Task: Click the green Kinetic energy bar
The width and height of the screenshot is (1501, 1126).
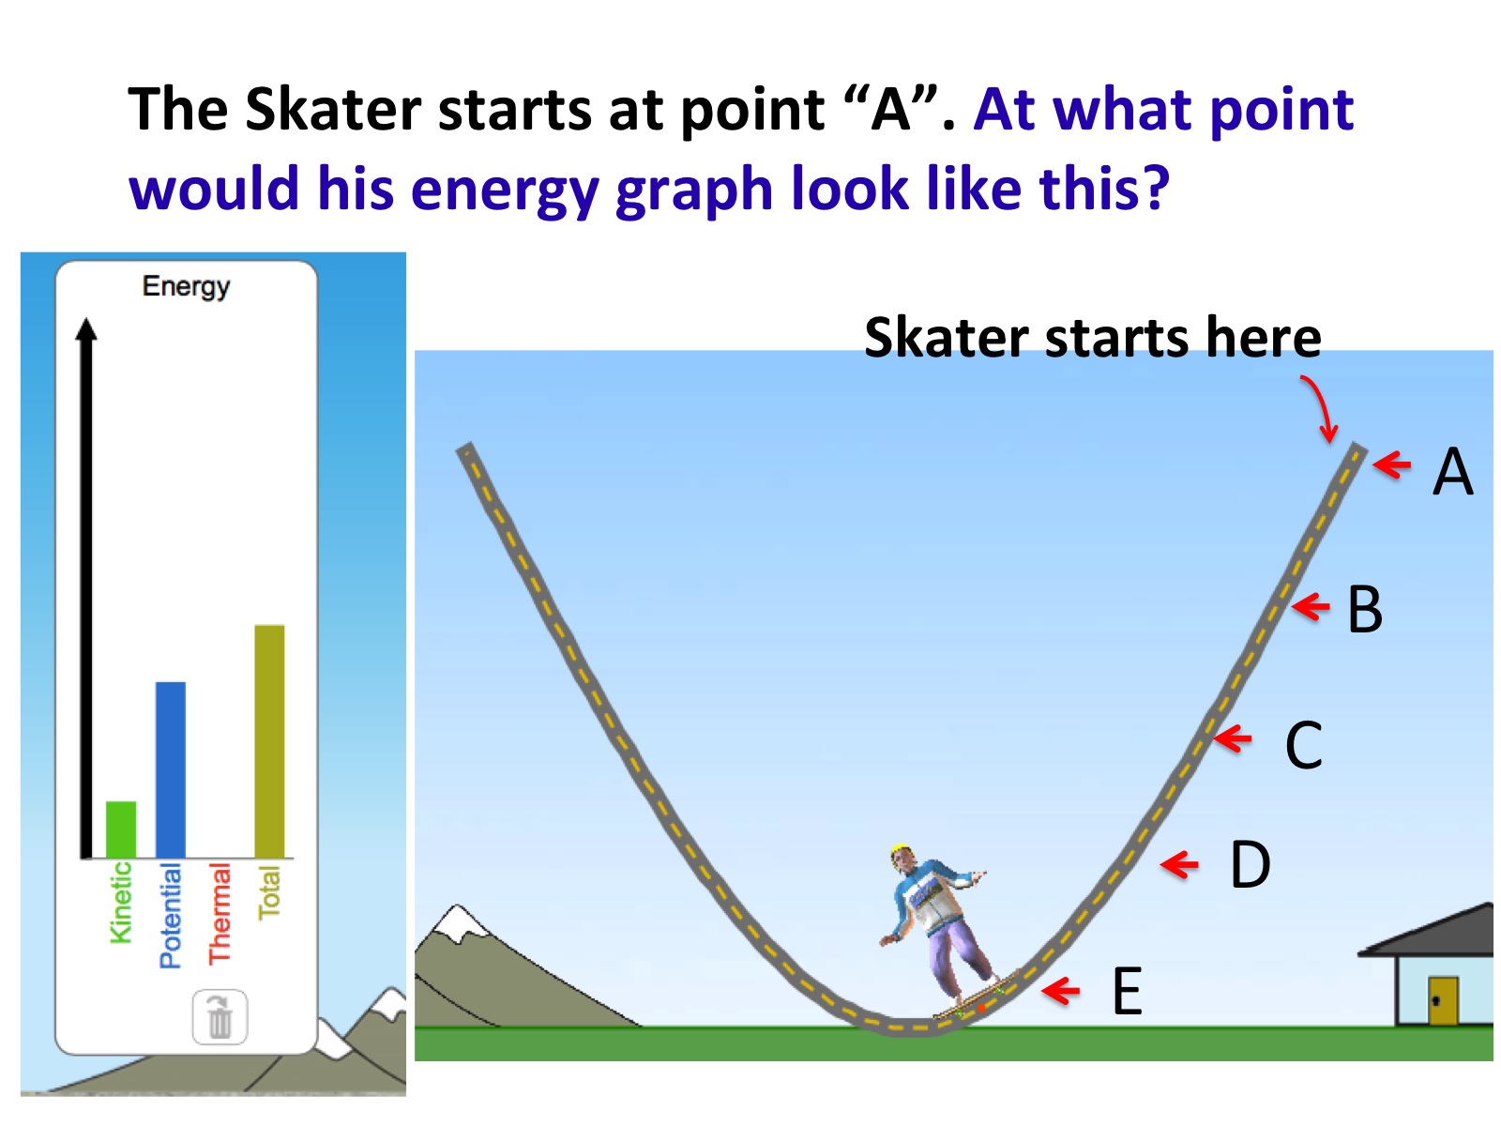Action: (x=121, y=829)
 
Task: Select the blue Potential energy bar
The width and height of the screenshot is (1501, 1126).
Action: (x=171, y=769)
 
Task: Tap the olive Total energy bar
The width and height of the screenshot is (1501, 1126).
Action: (x=269, y=740)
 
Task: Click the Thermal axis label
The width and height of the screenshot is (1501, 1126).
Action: (x=220, y=913)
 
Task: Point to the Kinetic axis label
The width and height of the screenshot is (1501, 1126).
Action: (x=120, y=903)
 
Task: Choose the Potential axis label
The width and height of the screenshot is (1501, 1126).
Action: (x=171, y=916)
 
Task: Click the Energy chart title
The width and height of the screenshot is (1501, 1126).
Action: (x=186, y=286)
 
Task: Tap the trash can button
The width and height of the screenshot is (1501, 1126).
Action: (x=220, y=1016)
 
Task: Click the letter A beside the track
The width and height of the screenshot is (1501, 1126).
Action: (x=1452, y=471)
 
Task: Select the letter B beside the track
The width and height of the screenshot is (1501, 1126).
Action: (x=1364, y=609)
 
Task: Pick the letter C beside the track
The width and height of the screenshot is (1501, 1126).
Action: (x=1303, y=744)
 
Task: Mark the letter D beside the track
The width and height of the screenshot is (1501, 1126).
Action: (x=1250, y=864)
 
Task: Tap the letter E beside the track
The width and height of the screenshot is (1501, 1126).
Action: (x=1127, y=991)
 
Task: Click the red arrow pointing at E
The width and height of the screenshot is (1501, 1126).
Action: (x=1061, y=991)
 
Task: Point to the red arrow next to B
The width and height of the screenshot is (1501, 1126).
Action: (x=1311, y=606)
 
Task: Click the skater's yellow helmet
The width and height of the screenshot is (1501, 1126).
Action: (x=901, y=853)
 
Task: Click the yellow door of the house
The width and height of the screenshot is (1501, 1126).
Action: (x=1443, y=1000)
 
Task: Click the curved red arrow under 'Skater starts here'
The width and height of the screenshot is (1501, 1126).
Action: (x=1320, y=408)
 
